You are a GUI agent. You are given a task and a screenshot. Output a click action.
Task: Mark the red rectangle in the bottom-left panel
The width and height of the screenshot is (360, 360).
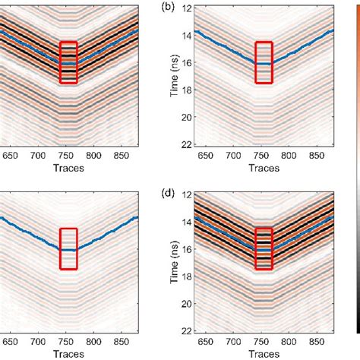coord(68,248)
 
